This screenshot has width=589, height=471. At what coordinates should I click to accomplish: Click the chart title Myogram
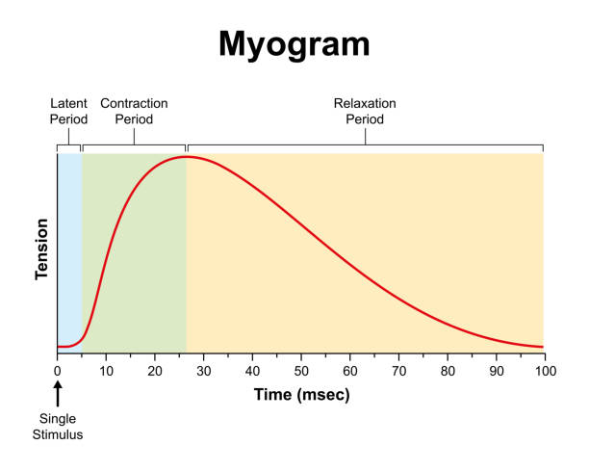click(294, 44)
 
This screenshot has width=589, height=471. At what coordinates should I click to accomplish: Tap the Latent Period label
click(69, 111)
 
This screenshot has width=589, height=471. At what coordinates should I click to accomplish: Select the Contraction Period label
click(133, 111)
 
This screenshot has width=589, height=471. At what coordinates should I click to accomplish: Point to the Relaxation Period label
click(365, 111)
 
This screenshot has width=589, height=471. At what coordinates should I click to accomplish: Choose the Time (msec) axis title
click(301, 395)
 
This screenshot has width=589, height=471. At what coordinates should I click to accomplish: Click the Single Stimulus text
click(59, 427)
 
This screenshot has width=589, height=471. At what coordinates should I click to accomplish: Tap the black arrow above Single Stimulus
click(58, 394)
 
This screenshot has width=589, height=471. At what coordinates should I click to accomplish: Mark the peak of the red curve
click(187, 156)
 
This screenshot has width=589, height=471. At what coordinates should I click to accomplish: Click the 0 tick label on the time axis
click(58, 370)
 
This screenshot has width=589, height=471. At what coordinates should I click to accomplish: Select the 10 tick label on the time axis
click(106, 370)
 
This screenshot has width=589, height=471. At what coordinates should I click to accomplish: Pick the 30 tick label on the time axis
click(203, 370)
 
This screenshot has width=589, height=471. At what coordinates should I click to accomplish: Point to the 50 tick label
click(301, 370)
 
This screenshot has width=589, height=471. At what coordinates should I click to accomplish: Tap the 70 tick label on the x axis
click(398, 370)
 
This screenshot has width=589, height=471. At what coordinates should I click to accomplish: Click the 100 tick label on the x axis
click(545, 370)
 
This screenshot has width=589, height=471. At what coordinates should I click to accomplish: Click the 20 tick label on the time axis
click(155, 370)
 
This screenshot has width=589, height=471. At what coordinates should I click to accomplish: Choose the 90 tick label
click(496, 370)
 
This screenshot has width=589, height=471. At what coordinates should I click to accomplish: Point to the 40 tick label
click(252, 370)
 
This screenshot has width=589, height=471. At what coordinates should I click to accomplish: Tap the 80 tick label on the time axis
click(448, 370)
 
